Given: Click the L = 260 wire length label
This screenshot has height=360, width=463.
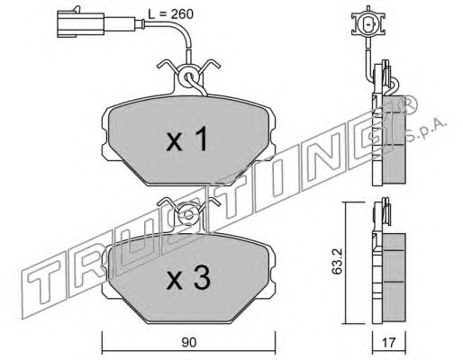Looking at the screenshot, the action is [x=170, y=14].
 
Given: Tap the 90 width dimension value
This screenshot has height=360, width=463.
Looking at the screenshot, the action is [x=189, y=342].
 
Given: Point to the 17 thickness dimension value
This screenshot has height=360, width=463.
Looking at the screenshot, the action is [x=389, y=342].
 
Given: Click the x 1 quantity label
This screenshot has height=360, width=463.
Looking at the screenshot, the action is [x=186, y=139].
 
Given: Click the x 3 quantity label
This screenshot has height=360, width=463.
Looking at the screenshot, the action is [x=188, y=278].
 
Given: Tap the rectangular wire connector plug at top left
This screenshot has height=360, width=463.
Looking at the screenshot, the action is [x=80, y=23].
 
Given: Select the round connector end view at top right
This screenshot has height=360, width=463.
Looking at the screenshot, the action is [x=368, y=25].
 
